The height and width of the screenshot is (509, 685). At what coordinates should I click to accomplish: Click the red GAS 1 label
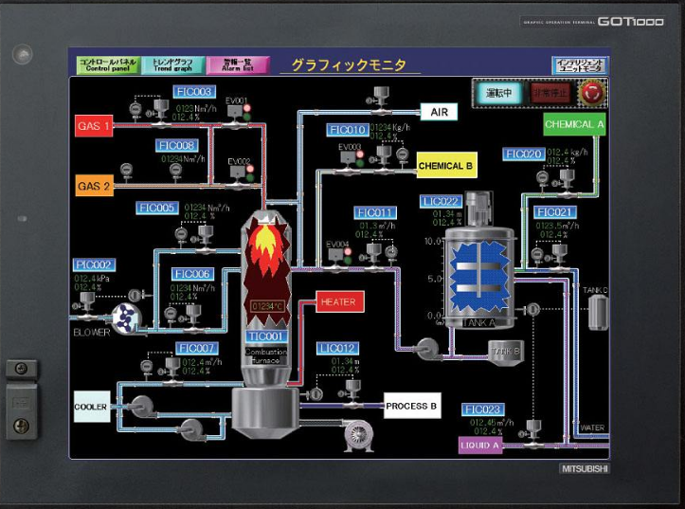(x=95, y=126)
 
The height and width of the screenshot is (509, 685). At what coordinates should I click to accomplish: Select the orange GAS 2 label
(x=95, y=186)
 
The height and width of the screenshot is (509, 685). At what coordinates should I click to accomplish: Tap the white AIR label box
(x=439, y=112)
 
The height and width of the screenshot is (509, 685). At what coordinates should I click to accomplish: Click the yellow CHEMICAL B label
(x=446, y=166)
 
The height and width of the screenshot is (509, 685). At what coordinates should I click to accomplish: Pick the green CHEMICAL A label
(x=574, y=124)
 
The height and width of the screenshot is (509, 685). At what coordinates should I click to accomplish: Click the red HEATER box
(x=338, y=302)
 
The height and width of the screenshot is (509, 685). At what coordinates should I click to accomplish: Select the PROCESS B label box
(x=411, y=407)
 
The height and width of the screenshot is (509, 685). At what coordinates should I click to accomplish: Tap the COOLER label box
(x=92, y=407)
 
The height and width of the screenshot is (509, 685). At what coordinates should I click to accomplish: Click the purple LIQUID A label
(x=480, y=445)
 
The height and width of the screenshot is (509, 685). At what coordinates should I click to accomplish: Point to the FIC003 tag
(x=194, y=92)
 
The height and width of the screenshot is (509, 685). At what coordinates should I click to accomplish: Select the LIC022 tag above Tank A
(x=442, y=202)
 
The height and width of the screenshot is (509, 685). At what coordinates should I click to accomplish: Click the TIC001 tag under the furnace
(x=265, y=336)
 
